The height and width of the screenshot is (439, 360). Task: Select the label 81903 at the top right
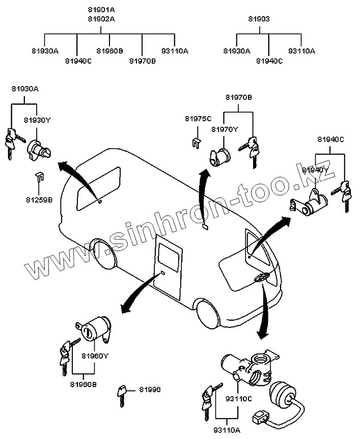pos(259,19)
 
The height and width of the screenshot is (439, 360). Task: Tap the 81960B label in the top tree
pos(109,50)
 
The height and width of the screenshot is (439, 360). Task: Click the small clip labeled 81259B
pos(39,178)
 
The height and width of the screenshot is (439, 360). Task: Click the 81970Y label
pos(225,129)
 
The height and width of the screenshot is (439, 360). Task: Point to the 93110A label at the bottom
pos(227,430)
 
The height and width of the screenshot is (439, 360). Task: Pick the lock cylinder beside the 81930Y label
pos(38,148)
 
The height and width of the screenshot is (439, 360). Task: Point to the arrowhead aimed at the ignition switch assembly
pos(263,335)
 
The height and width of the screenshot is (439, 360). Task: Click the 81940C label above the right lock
pos(331,140)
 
